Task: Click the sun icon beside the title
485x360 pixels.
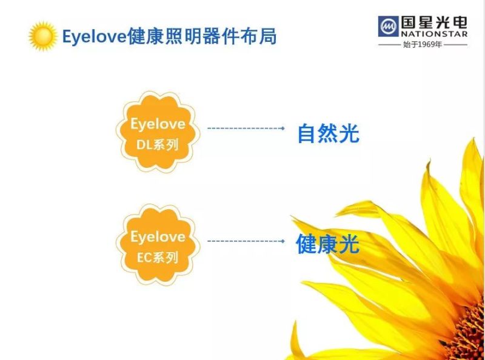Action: (42, 36)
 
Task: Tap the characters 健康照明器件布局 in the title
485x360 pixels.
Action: (201, 36)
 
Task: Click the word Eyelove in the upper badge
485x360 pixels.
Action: (158, 124)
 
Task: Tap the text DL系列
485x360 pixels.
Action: (158, 144)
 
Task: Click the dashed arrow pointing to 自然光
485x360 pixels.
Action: (246, 128)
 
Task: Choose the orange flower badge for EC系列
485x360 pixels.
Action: (158, 243)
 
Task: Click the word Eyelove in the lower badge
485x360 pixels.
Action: (158, 236)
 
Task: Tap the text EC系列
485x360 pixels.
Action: (158, 257)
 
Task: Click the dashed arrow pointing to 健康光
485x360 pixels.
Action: (246, 241)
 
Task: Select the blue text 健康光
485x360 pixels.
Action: (327, 244)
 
